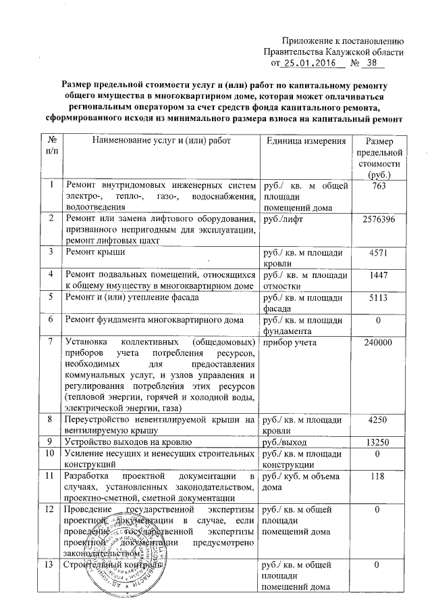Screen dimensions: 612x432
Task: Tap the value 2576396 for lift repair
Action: click(x=379, y=220)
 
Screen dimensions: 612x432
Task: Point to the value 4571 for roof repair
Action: click(x=379, y=253)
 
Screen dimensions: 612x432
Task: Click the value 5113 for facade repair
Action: click(x=379, y=296)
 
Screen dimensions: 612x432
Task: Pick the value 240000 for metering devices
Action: click(x=379, y=343)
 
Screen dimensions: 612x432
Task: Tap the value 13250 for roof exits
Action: click(x=379, y=442)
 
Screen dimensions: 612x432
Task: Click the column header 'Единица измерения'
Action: click(x=306, y=141)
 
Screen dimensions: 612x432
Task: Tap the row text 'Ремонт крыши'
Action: click(x=91, y=253)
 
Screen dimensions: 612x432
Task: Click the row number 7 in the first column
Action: click(x=51, y=343)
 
